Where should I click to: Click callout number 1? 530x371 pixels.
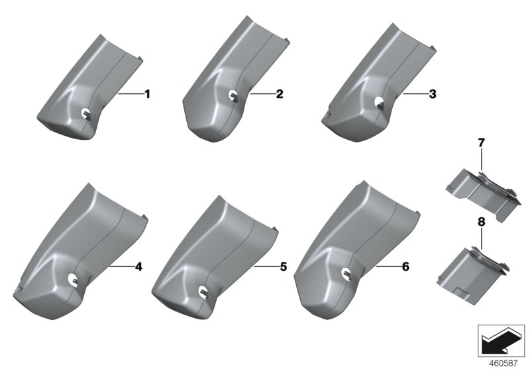point(147,94)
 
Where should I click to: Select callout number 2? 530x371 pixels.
point(280,94)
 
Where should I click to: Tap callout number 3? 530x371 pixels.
point(433,94)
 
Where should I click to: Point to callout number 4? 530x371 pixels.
point(138,266)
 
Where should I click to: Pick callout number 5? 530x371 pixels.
point(284,266)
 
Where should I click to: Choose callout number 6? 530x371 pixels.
point(405,266)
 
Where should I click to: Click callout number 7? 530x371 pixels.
point(482,143)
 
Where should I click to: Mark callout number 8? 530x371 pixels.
point(482,222)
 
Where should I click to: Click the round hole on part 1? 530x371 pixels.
point(87,114)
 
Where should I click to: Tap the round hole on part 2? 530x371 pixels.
point(233,95)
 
